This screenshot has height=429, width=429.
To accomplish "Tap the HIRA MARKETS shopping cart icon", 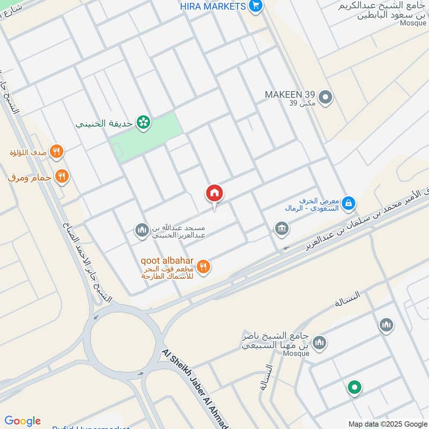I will pyautogui.click(x=256, y=6).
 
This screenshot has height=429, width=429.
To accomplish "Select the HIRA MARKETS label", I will pyautogui.click(x=213, y=6).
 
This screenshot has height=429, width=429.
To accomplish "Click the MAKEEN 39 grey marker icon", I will pyautogui.click(x=325, y=98).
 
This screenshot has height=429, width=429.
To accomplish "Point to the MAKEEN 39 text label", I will pyautogui.click(x=290, y=95).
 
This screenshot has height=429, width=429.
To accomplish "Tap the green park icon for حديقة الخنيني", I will pyautogui.click(x=143, y=123).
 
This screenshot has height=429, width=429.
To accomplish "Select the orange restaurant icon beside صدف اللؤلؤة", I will pyautogui.click(x=56, y=152).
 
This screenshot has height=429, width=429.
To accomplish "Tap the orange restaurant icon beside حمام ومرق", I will pyautogui.click(x=62, y=176).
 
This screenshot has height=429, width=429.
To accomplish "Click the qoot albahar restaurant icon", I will pyautogui.click(x=203, y=266).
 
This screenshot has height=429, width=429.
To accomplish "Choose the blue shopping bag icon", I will pyautogui.click(x=349, y=203).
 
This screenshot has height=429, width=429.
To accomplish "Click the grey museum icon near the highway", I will pyautogui.click(x=281, y=228).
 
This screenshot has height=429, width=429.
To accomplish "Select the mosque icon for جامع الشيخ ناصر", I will pyautogui.click(x=320, y=343).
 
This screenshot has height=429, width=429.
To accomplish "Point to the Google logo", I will pyautogui.click(x=22, y=421).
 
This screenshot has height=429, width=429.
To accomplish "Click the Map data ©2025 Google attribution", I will pyautogui.click(x=387, y=424).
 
